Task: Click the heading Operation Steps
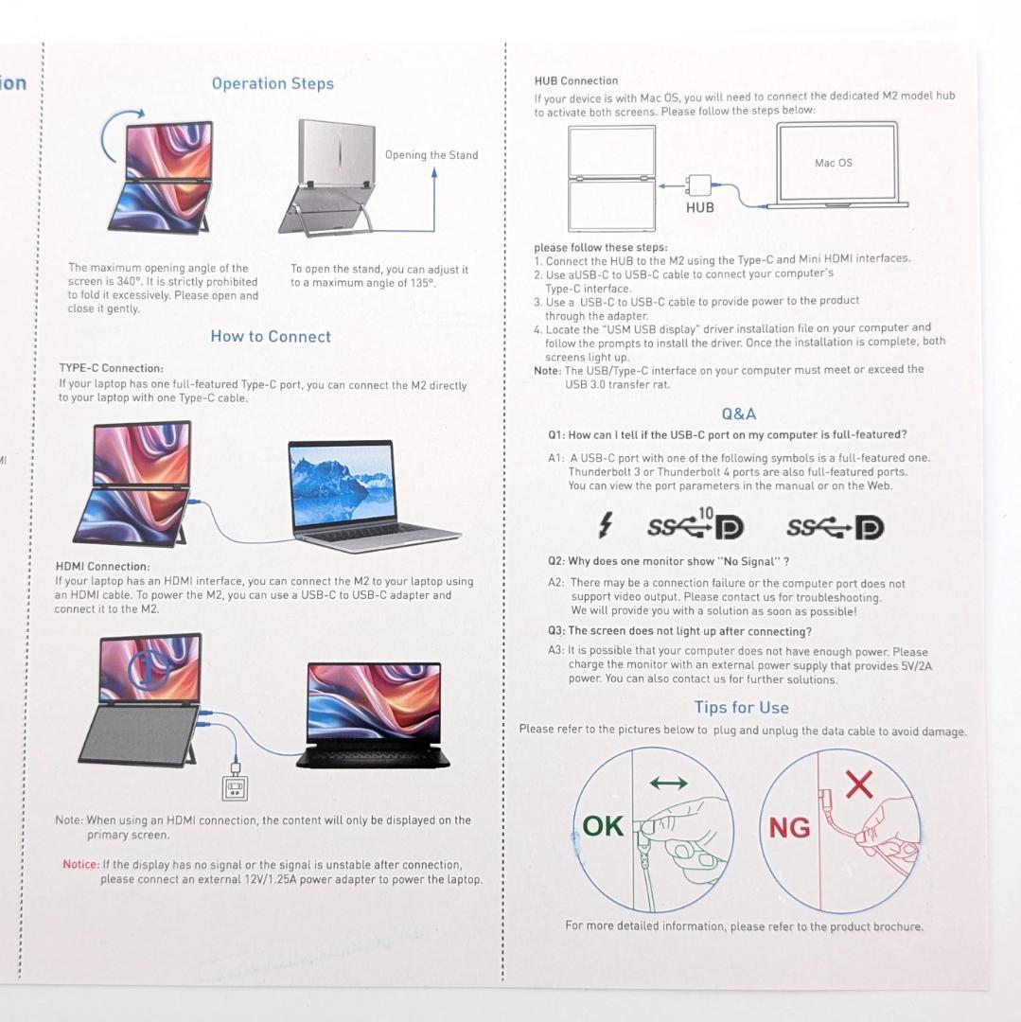point(273,84)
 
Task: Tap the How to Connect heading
point(271,337)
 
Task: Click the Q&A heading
point(739,414)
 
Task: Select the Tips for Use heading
point(741,708)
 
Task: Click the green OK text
point(603,826)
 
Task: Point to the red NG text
point(789,828)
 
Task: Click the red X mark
point(858,784)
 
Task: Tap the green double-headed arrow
point(669,783)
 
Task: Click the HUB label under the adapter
point(700,207)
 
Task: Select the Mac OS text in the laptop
point(833,163)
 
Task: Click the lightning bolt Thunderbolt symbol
point(606,525)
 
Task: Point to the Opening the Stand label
point(431,155)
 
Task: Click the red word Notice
point(80,864)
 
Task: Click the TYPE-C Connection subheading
point(111,368)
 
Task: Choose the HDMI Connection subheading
point(102,566)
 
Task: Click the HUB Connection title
point(575,81)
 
